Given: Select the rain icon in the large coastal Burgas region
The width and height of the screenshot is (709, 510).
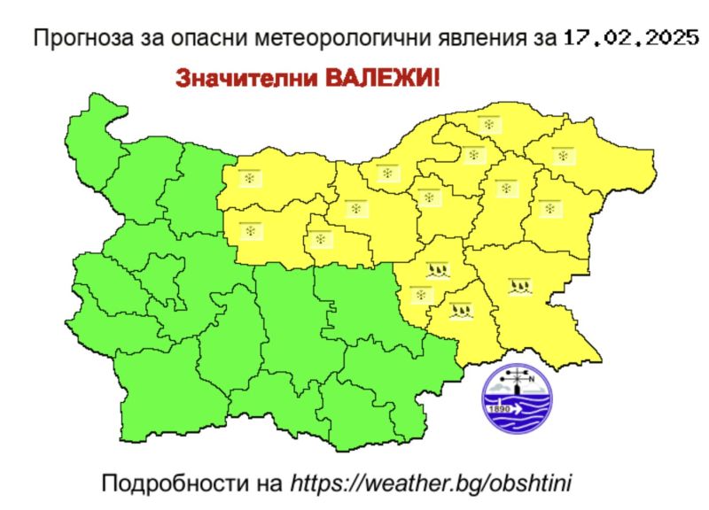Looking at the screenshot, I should pos(521,285).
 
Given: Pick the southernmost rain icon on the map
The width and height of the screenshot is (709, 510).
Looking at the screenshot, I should pos(460,309).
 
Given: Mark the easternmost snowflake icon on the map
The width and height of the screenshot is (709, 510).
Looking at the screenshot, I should pos(561,155).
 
